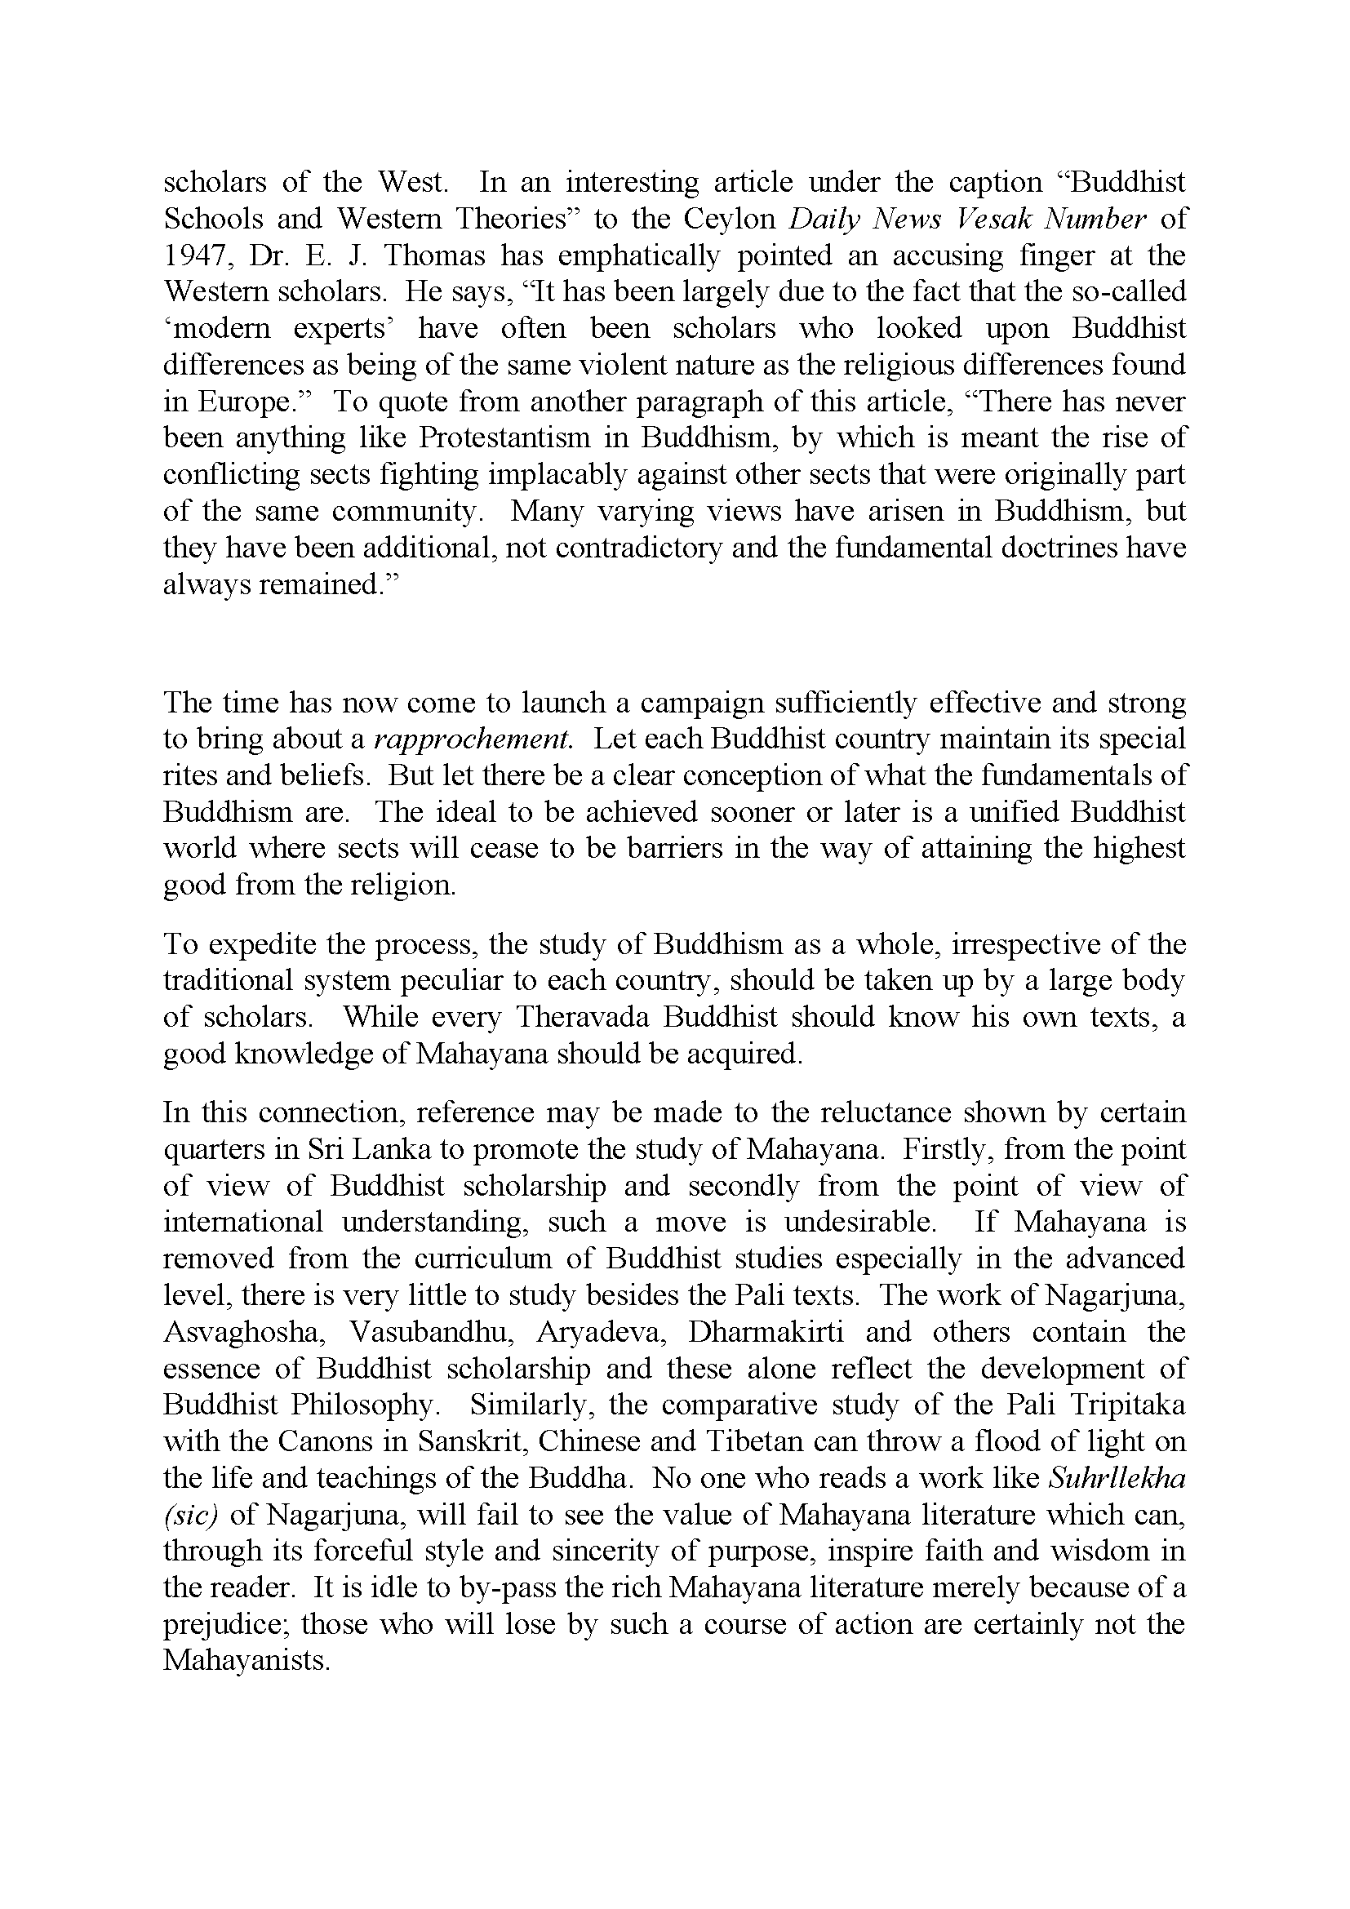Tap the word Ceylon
tap(731, 219)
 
